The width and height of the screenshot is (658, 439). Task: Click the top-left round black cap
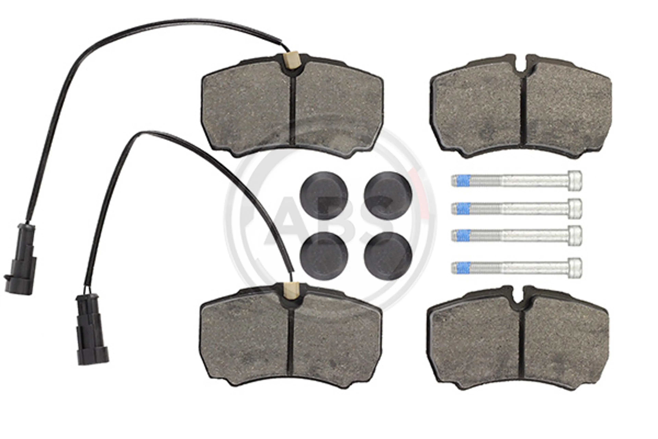324,196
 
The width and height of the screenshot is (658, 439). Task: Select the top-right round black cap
388,196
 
